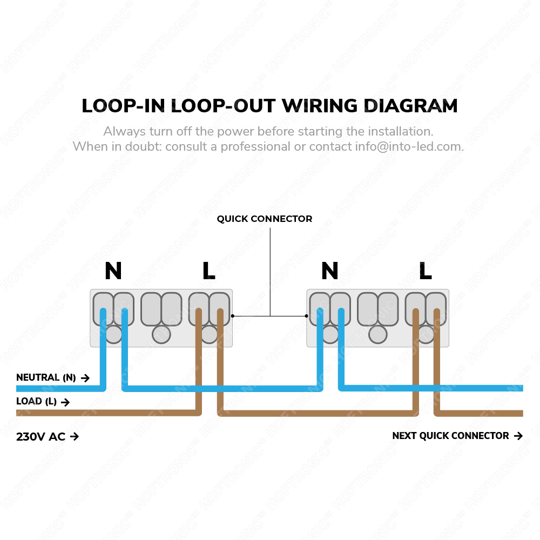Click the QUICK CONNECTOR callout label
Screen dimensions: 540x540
[265, 219]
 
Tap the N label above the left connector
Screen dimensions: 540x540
[113, 271]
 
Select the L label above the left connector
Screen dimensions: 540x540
[208, 271]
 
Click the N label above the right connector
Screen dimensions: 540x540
[329, 271]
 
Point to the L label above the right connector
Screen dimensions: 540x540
[425, 271]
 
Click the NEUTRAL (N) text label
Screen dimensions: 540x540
[46, 378]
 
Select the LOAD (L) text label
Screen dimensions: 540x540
[36, 402]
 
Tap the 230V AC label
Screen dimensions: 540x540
[40, 437]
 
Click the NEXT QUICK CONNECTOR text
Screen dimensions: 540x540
[450, 436]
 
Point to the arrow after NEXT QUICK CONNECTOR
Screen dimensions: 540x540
[518, 436]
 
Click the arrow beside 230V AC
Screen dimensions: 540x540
[75, 437]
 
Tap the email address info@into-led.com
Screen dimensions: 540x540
[408, 146]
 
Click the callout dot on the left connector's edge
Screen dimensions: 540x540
[233, 316]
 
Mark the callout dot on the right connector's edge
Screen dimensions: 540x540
[307, 316]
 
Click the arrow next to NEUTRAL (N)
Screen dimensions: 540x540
[85, 378]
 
